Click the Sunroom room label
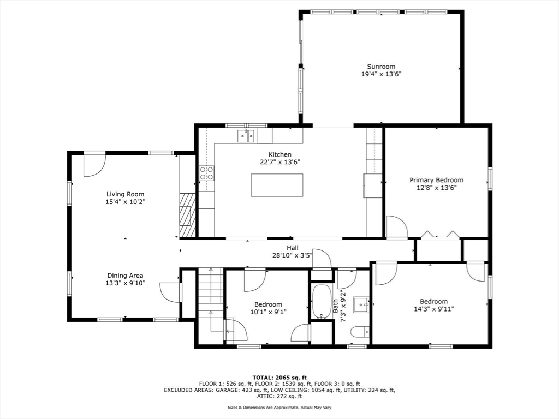[x=381, y=67]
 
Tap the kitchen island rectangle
[x=277, y=185]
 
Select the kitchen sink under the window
[x=246, y=136]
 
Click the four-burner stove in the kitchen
[x=206, y=173]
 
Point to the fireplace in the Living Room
[x=187, y=215]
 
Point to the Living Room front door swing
[x=94, y=165]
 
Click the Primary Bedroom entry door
[x=396, y=228]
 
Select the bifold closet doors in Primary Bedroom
[x=439, y=235]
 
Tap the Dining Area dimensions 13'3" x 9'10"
[x=126, y=283]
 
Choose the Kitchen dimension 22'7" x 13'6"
[x=279, y=162]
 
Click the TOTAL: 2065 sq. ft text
[x=279, y=378]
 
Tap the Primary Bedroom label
[x=437, y=180]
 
